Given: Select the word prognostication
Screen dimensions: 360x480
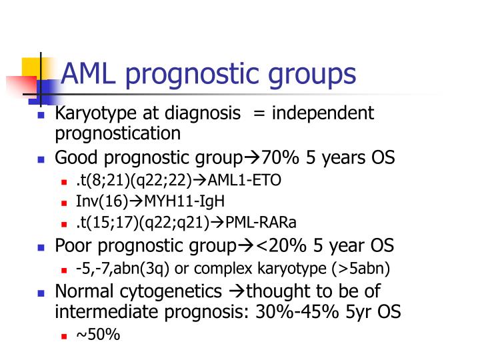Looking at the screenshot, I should coord(117,133).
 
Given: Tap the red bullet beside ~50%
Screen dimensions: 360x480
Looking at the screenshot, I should coord(65,335).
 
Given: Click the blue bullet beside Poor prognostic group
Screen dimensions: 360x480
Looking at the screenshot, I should coord(41,247).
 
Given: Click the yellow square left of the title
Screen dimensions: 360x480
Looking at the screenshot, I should coord(32,67).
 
